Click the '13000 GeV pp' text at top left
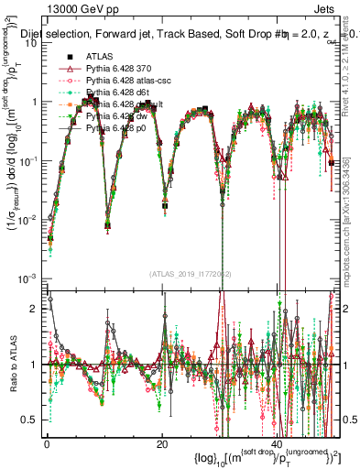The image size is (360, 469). coord(58,8)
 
